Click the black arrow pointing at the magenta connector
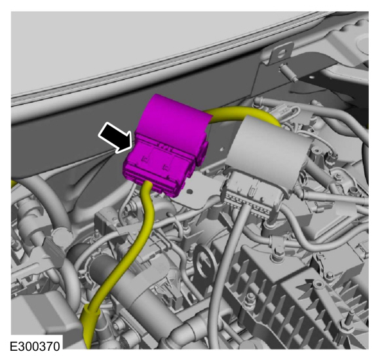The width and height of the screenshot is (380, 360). [x=115, y=137]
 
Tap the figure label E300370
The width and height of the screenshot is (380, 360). [x=35, y=346]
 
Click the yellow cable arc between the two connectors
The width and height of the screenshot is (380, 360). [x=242, y=114]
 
